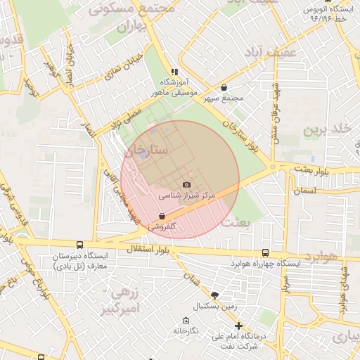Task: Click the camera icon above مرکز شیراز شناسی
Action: [186, 184]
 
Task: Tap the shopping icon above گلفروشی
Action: [162, 217]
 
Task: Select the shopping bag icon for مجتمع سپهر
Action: [224, 88]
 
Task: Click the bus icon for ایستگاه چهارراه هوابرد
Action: [265, 252]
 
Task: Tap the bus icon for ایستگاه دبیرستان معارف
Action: [79, 245]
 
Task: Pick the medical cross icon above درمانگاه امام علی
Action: [239, 326]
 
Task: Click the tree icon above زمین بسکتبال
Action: [214, 295]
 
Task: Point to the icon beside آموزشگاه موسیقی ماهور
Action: [174, 72]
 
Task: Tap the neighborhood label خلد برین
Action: [326, 130]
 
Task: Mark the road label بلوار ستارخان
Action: [242, 133]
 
